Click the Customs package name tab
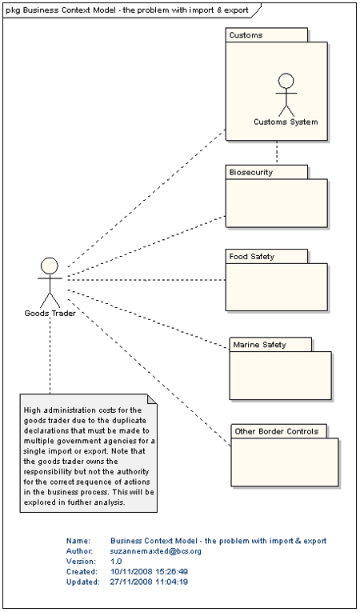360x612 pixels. click(x=266, y=34)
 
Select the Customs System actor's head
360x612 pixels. click(x=286, y=81)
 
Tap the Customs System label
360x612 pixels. click(x=286, y=122)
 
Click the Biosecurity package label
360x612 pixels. click(x=250, y=172)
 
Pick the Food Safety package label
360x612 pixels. click(x=251, y=257)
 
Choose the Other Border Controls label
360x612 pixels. click(x=277, y=431)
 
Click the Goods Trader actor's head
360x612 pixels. click(x=50, y=266)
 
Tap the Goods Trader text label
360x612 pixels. click(x=50, y=313)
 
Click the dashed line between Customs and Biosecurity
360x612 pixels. click(x=277, y=153)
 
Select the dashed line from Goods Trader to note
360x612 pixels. click(x=50, y=355)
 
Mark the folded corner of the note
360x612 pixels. click(x=152, y=399)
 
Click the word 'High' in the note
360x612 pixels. click(x=32, y=410)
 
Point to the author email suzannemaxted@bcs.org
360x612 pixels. click(x=156, y=551)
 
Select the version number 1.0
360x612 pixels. click(x=116, y=562)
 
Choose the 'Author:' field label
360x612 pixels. click(x=80, y=551)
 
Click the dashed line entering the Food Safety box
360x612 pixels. click(x=146, y=280)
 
